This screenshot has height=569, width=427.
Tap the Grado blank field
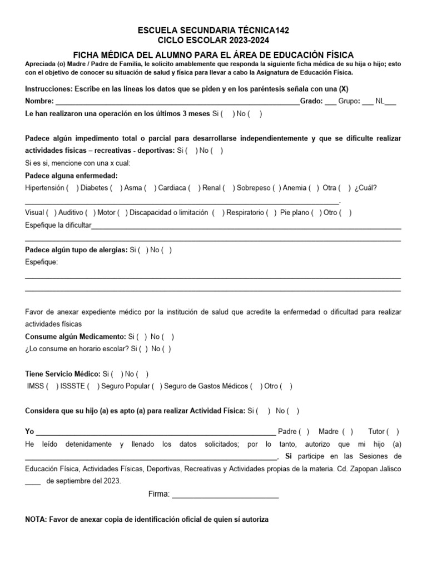point(330,102)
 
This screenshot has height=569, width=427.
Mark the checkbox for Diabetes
point(117,188)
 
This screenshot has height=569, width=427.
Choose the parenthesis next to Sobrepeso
point(277,188)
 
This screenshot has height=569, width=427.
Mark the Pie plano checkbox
point(316,212)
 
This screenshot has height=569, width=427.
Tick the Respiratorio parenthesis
point(272,212)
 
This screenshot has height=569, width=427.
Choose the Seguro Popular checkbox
point(157,386)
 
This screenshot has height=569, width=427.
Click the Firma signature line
point(225,495)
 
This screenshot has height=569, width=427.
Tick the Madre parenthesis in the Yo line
point(348,431)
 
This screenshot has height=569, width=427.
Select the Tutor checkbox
point(393,431)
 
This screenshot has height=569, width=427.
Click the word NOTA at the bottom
point(36,520)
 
